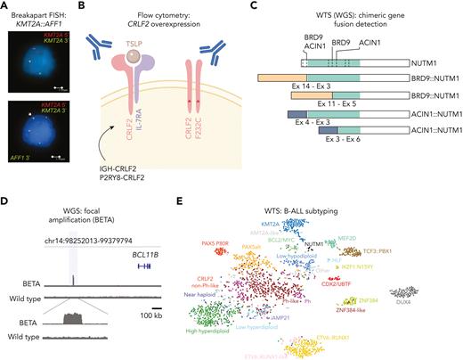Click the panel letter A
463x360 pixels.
click(x=5, y=6)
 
